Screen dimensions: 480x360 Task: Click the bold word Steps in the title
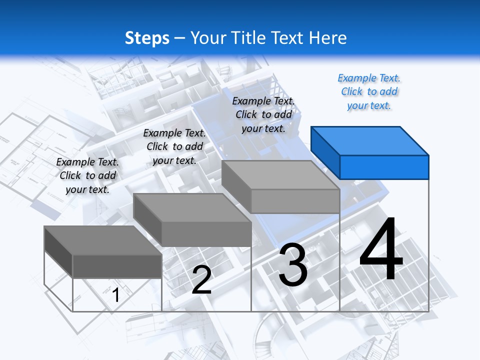[147, 38]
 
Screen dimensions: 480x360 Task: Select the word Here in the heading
[328, 38]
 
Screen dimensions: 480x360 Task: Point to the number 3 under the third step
[293, 265]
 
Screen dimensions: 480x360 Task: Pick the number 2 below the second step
[201, 280]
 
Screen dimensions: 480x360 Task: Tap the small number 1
[116, 295]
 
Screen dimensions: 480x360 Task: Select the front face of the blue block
[384, 167]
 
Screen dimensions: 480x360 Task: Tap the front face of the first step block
[117, 266]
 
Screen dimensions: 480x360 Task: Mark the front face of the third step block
[295, 201]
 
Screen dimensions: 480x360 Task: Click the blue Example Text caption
[369, 91]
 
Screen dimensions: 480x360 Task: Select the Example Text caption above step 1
[87, 175]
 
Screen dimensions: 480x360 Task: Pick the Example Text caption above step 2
[174, 146]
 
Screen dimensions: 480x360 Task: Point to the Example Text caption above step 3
[263, 114]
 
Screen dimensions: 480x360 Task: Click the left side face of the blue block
[325, 152]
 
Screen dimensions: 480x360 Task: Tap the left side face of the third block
[236, 186]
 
